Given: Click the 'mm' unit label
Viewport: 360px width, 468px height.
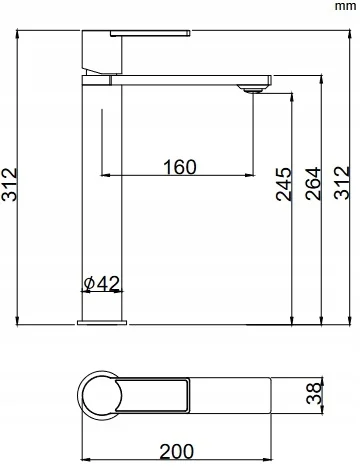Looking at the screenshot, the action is [345, 6].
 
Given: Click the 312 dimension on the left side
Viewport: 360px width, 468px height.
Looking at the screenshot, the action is [9, 184].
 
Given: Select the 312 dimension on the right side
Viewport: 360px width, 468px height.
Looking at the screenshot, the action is [342, 183].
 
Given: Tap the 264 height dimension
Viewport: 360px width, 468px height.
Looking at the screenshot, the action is [313, 184].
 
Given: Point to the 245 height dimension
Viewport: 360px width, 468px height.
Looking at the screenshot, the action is [284, 184].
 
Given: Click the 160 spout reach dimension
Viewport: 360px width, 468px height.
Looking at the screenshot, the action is [180, 167].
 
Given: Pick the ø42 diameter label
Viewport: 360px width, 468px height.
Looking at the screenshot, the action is [102, 284].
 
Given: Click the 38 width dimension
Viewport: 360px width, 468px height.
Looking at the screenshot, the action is [314, 393].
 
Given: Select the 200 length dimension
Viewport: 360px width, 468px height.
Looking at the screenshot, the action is [176, 452].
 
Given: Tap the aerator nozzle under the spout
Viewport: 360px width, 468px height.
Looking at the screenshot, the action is [252, 88].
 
